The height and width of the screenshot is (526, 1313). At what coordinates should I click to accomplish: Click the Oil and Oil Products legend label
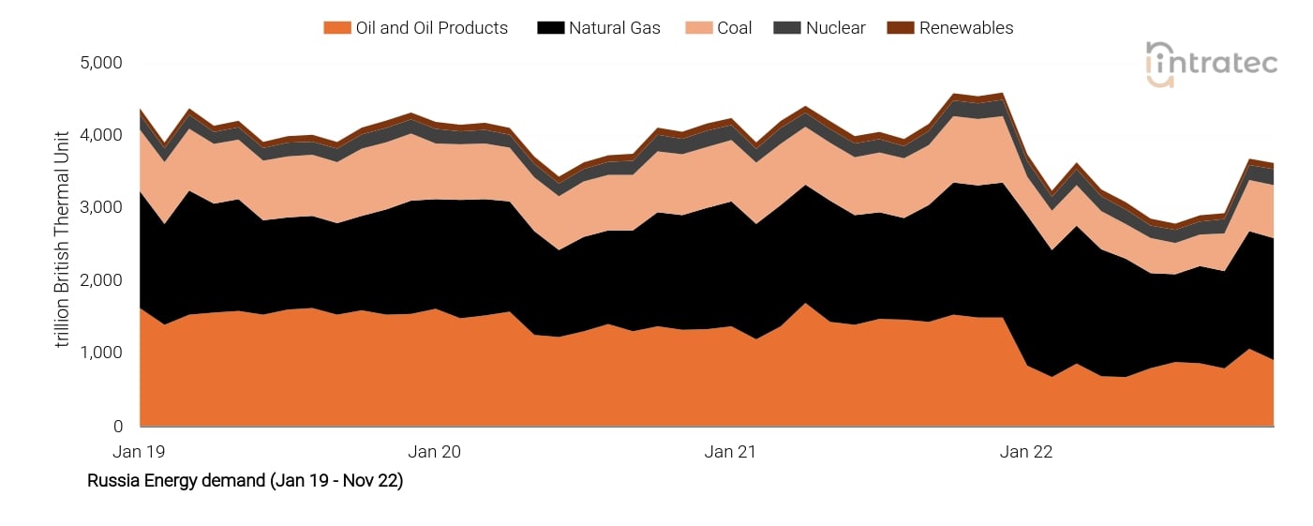click(431, 28)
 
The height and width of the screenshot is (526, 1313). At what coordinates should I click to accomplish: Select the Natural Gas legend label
click(614, 28)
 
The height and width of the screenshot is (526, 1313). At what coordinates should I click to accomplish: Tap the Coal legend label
click(734, 28)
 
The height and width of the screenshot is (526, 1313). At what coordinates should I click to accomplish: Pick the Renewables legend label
click(965, 28)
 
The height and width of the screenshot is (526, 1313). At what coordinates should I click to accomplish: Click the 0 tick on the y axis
click(117, 426)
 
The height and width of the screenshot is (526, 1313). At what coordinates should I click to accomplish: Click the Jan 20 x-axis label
click(435, 452)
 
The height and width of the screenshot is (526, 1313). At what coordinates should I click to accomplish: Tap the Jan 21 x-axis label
click(730, 452)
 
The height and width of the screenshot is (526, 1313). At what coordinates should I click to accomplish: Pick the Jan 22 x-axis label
click(1026, 452)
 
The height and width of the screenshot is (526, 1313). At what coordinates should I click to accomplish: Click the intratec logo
click(1211, 65)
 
